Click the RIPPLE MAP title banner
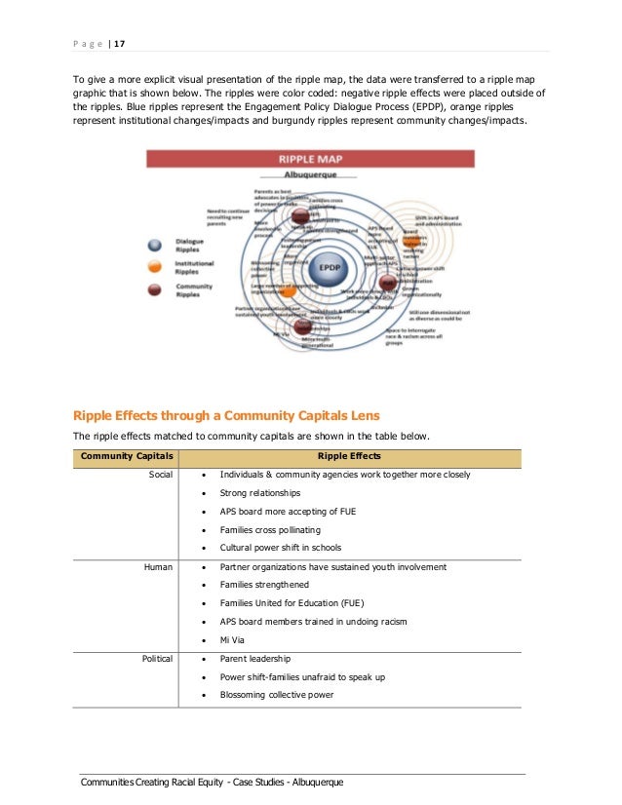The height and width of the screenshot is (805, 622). click(310, 159)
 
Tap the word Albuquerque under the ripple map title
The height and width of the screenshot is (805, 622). click(310, 173)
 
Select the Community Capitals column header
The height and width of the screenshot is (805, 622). click(127, 456)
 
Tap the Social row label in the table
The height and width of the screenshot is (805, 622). click(161, 475)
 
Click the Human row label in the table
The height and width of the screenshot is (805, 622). click(159, 566)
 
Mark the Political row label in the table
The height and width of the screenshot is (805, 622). click(156, 659)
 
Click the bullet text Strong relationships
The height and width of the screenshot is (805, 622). click(260, 493)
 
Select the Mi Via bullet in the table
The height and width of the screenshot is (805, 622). click(232, 640)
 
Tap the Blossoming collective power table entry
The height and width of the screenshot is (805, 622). click(277, 695)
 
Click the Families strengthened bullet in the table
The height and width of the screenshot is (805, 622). click(264, 585)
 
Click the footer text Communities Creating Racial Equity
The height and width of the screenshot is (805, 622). click(213, 784)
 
